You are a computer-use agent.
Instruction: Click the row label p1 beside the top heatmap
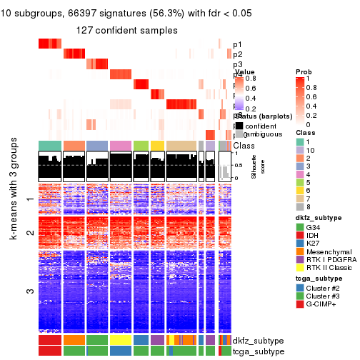(237, 44)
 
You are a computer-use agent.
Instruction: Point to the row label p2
(237, 54)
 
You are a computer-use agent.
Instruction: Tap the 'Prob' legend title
(303, 72)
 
